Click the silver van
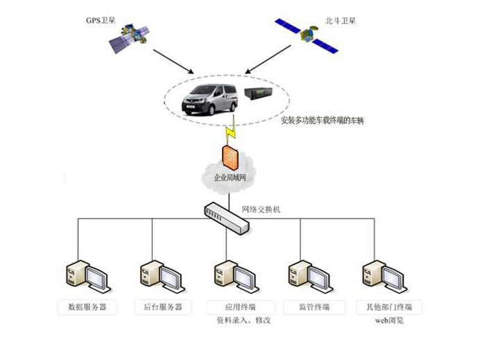[208, 98]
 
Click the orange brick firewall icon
[230, 157]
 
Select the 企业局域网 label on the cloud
[230, 178]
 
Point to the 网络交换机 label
[262, 209]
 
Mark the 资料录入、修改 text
[243, 322]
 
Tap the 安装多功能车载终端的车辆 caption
[322, 120]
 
